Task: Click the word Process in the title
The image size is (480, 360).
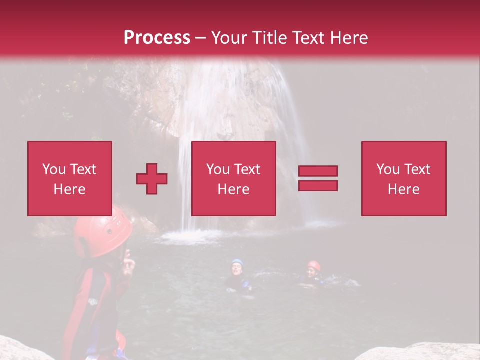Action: [157, 38]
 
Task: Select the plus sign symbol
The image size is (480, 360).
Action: [152, 179]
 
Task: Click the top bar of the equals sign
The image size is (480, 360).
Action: [318, 171]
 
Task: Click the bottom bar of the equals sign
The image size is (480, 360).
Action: [318, 186]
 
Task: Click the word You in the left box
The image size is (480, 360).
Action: [53, 169]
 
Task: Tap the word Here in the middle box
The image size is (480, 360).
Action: [233, 189]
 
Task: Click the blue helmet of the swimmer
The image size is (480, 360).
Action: [237, 262]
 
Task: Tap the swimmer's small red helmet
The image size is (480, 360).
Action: [314, 265]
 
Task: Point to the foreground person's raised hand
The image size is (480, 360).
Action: [128, 262]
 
